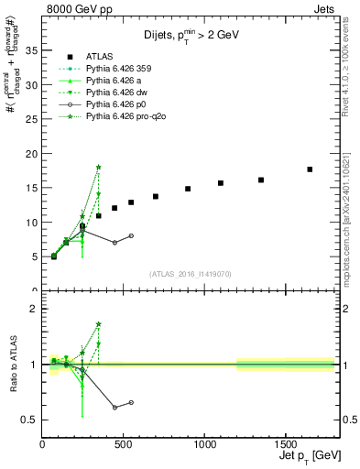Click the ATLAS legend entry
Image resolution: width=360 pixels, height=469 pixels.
[101, 57]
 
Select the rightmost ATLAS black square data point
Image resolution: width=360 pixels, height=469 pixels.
[310, 169]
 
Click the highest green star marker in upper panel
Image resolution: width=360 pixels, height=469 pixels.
[98, 167]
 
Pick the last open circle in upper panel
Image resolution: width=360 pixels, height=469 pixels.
[131, 235]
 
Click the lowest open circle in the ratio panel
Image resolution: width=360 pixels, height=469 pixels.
[115, 407]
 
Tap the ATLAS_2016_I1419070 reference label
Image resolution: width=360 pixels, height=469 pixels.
[190, 273]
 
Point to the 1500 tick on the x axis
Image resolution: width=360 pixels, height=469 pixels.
[285, 442]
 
